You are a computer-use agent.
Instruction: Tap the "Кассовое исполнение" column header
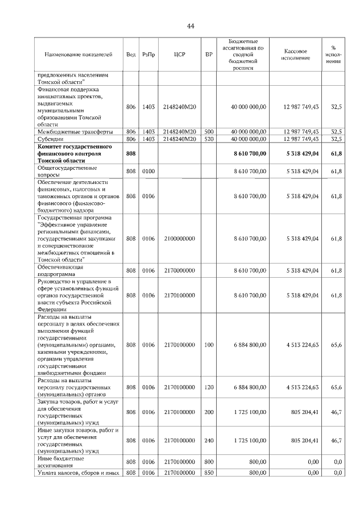point(295,55)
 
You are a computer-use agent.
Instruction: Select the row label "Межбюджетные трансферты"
point(69,131)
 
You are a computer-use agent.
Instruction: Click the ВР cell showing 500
point(209,131)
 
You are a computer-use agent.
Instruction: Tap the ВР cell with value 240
point(209,440)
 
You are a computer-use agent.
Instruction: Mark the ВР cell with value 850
point(209,473)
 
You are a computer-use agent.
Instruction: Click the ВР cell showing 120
point(209,387)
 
